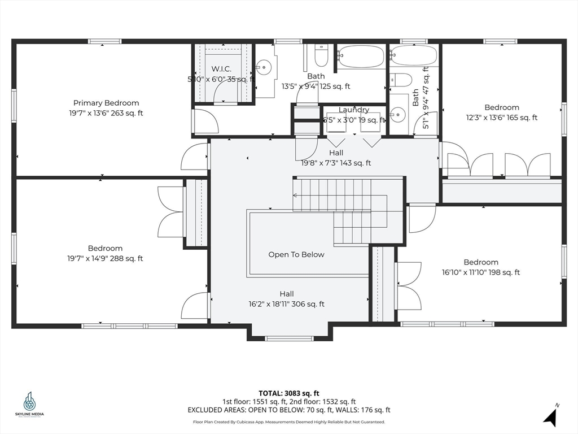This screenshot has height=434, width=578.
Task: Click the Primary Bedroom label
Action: pyautogui.click(x=106, y=103)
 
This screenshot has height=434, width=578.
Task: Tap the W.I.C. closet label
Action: pyautogui.click(x=222, y=69)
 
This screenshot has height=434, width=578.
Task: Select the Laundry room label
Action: pyautogui.click(x=354, y=110)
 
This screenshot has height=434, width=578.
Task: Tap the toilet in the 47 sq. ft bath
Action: pyautogui.click(x=401, y=80)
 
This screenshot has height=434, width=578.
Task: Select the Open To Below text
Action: pyautogui.click(x=296, y=255)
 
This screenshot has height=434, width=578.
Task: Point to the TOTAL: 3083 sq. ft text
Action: pyautogui.click(x=289, y=393)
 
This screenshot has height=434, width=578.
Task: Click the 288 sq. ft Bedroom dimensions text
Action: pyautogui.click(x=105, y=259)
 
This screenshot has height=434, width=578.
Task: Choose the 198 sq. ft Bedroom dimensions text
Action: pyautogui.click(x=481, y=272)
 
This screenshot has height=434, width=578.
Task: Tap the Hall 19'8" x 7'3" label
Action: pyautogui.click(x=336, y=153)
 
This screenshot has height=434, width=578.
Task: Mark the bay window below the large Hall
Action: pyautogui.click(x=288, y=338)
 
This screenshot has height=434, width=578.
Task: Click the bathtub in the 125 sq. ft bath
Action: pyautogui.click(x=361, y=57)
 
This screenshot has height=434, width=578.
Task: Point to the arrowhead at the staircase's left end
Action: pyautogui.click(x=295, y=195)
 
